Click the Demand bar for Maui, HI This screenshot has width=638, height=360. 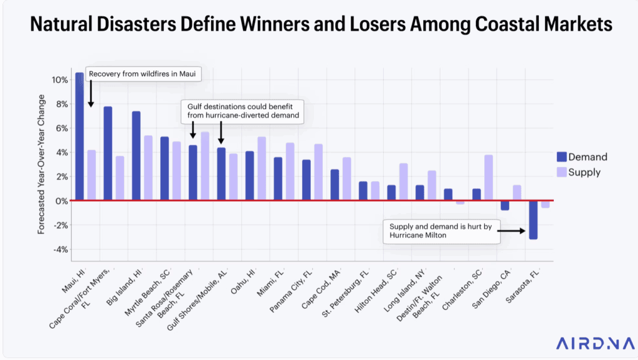[80, 137]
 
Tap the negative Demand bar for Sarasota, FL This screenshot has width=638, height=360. [533, 220]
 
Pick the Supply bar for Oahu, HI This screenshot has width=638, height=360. [262, 169]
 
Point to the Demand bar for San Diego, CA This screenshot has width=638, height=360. [505, 206]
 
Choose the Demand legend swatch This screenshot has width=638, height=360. [561, 157]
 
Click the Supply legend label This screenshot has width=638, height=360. [584, 172]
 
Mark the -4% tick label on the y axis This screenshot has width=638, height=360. [60, 250]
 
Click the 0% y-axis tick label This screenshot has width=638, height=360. [61, 201]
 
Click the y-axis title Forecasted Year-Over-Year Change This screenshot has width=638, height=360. [41, 164]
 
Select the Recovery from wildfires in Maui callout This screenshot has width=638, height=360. [143, 74]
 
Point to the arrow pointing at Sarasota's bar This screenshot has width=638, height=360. [512, 230]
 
